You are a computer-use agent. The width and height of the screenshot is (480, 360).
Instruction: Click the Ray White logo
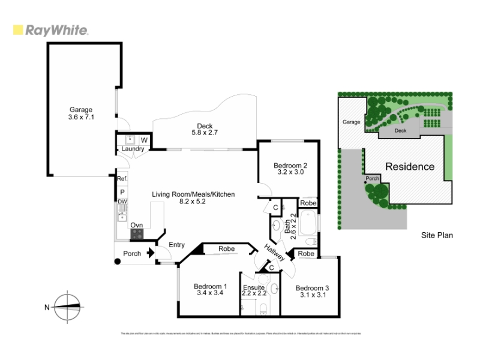[50, 30]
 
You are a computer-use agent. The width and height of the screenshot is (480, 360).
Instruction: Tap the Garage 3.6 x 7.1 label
[81, 113]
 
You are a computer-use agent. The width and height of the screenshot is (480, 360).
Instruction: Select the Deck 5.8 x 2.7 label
[202, 129]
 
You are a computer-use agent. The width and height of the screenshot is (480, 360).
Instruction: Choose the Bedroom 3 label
[312, 291]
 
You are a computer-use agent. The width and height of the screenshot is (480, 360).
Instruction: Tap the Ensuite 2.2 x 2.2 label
[254, 290]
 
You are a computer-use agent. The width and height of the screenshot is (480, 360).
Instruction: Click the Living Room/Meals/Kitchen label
[193, 198]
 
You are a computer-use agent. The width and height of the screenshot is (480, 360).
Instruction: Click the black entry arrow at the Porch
[149, 253]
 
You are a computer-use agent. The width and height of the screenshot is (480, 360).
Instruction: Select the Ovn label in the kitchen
[136, 226]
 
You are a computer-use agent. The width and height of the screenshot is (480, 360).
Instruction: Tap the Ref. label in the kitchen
[122, 179]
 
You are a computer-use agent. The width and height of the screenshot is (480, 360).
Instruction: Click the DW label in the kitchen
[122, 201]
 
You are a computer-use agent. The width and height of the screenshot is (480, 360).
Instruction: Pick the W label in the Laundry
[144, 140]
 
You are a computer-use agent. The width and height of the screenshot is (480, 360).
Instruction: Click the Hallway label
[275, 250]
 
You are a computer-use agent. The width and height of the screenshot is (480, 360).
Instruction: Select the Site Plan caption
[437, 235]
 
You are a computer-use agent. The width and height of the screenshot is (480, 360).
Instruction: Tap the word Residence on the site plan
[410, 166]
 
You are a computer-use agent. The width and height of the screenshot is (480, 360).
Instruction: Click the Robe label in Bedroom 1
[226, 248]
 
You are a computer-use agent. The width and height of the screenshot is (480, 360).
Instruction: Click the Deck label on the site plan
[400, 130]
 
